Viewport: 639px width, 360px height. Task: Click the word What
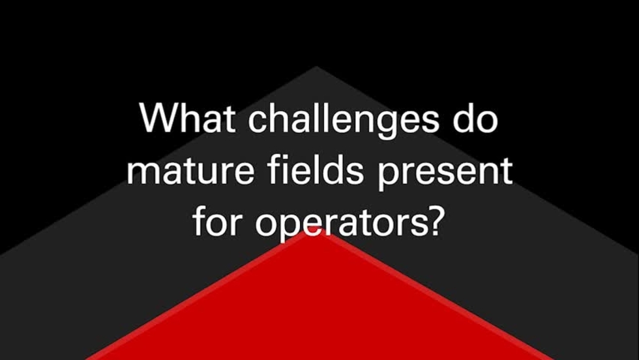[187, 117]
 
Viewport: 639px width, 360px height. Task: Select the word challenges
[344, 121]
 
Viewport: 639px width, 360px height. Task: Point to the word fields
[316, 170]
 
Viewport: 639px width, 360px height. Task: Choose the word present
[445, 173]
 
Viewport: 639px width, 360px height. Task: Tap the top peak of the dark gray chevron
[316, 67]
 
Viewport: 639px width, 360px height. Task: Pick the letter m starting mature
[145, 174]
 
